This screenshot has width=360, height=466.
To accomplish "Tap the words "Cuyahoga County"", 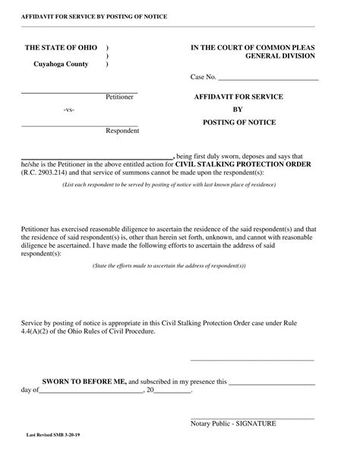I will click(x=61, y=64).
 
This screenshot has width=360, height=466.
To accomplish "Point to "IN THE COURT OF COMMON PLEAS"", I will click(x=252, y=47).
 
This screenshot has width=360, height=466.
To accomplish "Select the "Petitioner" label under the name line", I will click(x=120, y=98).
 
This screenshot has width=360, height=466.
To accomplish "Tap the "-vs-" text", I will click(x=69, y=110).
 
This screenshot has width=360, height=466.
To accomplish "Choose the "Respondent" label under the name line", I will click(x=122, y=131).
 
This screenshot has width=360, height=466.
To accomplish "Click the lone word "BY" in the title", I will click(x=238, y=109).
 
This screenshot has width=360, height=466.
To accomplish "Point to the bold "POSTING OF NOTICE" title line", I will click(x=239, y=122).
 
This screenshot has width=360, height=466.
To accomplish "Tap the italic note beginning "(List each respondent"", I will click(x=159, y=185).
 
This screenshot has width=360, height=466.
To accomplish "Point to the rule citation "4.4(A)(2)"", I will click(x=36, y=331).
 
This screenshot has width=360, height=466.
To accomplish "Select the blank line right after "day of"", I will click(x=90, y=391).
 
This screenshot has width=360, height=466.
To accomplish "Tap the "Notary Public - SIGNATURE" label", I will click(x=233, y=423).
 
